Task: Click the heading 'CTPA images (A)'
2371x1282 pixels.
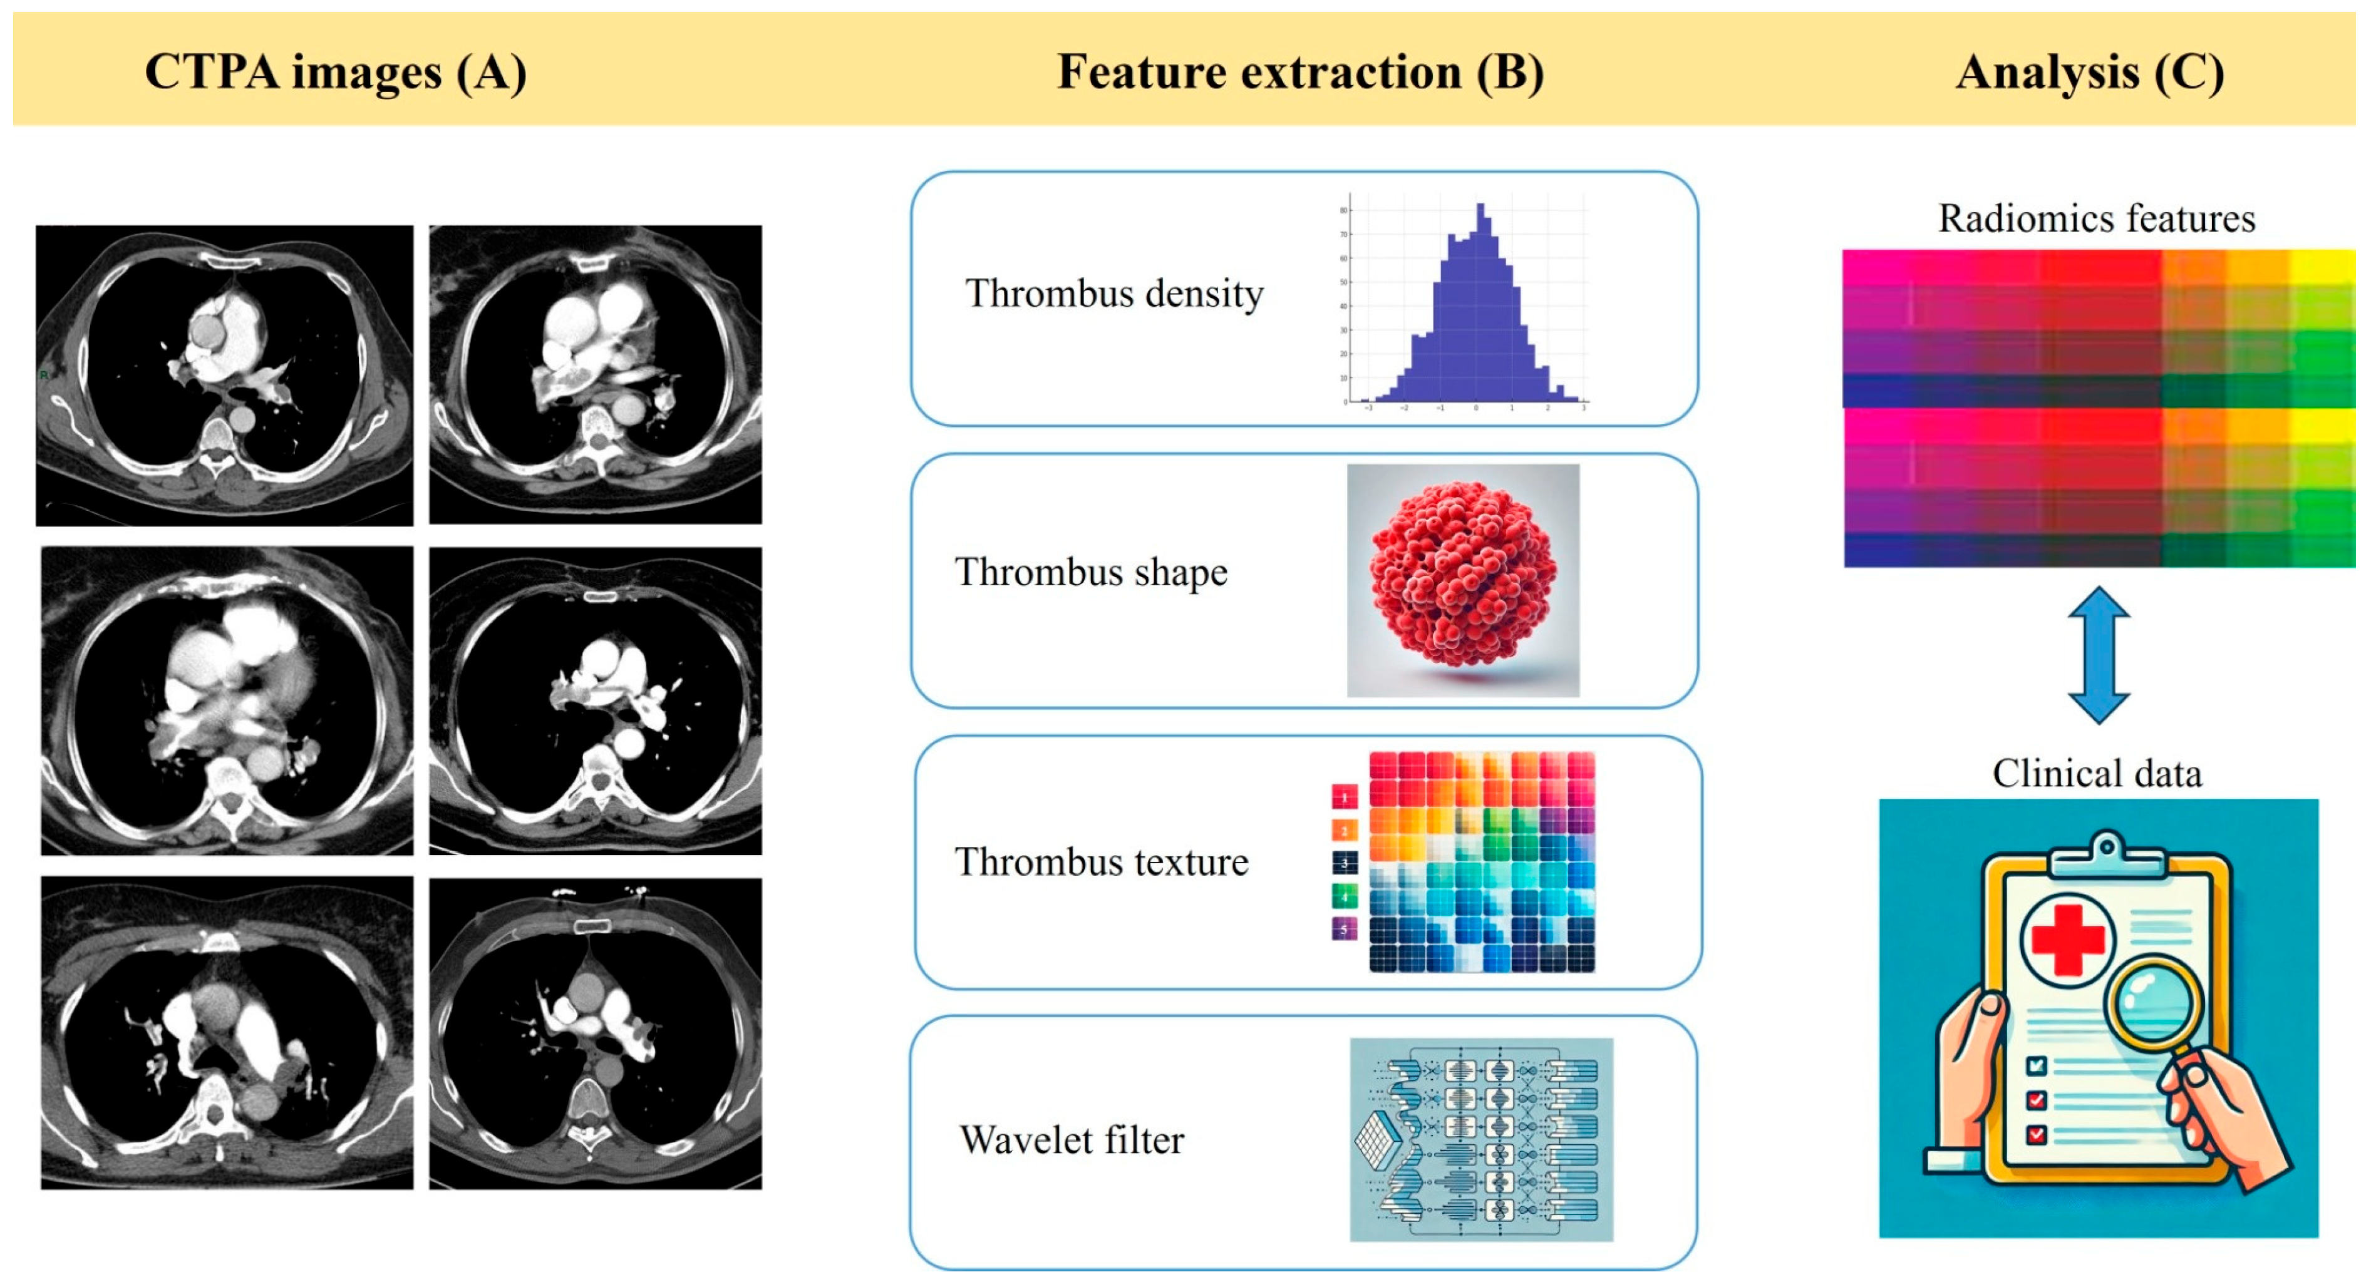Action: [x=335, y=72]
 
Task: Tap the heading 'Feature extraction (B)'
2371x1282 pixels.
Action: [x=1299, y=72]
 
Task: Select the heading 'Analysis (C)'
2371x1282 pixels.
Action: [x=2089, y=72]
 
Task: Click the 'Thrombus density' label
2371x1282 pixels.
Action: [x=1113, y=294]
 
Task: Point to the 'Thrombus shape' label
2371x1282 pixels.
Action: [x=1091, y=572]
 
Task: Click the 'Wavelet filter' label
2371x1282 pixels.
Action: [x=1072, y=1141]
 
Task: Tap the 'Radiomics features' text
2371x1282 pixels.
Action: [x=2096, y=219]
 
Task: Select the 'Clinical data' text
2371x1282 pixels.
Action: [x=2097, y=774]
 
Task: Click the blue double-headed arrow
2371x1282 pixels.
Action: [x=2099, y=655]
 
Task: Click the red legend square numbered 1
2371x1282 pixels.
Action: [x=1345, y=797]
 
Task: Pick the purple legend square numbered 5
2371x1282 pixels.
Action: [x=1345, y=928]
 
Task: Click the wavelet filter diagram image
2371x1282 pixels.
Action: [x=1481, y=1139]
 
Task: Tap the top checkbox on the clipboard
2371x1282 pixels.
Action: [x=2037, y=1066]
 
